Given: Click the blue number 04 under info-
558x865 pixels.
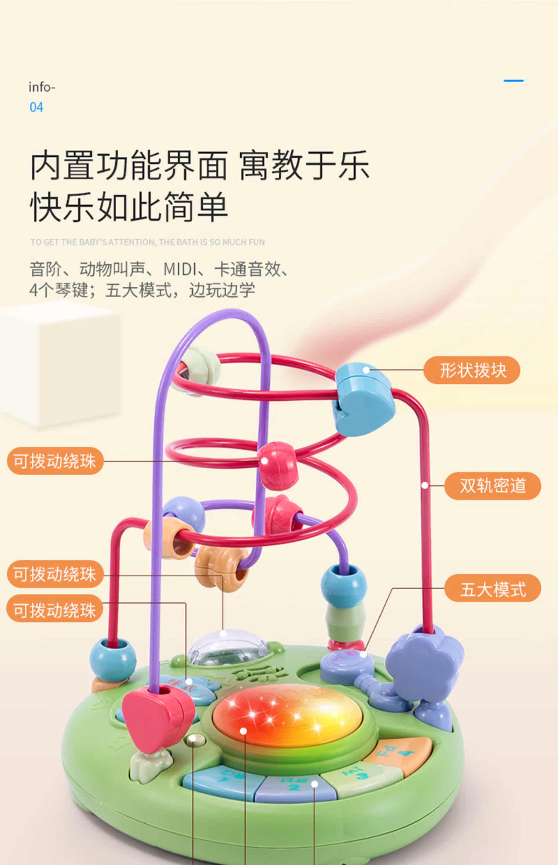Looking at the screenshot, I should pos(36,107).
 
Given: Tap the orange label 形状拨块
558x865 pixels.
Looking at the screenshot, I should pos(472,370).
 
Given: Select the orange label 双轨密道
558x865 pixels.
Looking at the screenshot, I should pos(493,486).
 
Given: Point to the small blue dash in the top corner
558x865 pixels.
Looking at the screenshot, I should pos(513,80).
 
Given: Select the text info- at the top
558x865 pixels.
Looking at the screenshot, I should pos(42,87).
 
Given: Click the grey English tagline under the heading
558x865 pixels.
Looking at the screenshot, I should pos(148,242).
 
